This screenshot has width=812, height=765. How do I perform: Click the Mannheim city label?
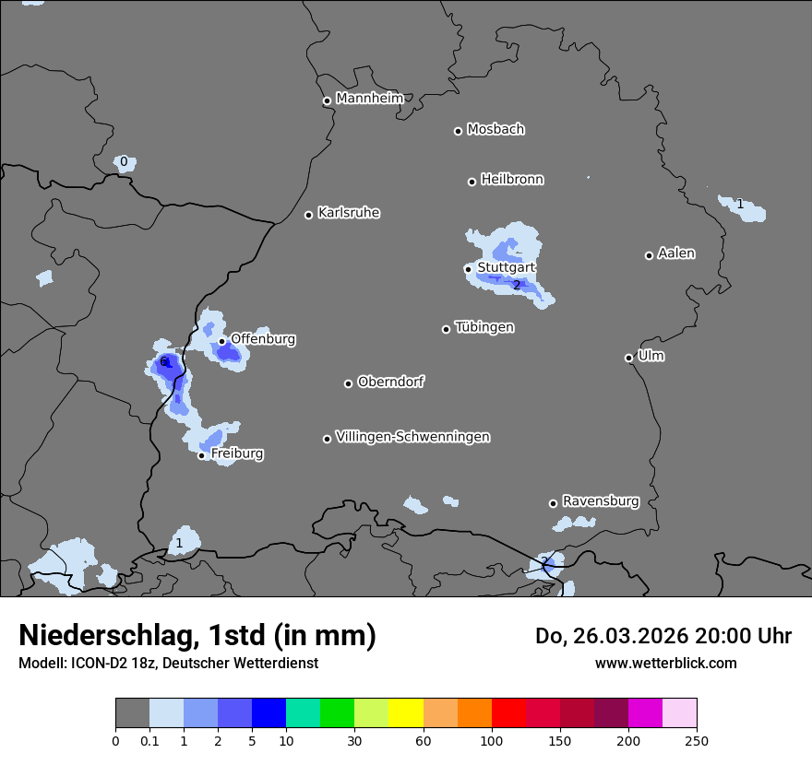(369, 99)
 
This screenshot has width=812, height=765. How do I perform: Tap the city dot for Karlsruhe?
(309, 215)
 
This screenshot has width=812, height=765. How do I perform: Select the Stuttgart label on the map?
(506, 268)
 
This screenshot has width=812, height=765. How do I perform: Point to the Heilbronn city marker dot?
(472, 182)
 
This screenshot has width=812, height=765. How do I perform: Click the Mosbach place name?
(496, 130)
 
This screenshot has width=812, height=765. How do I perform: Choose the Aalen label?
(676, 253)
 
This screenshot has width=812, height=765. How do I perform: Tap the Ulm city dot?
(628, 358)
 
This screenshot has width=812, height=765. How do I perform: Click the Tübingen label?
(484, 327)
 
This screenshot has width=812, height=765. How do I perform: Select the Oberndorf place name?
(390, 382)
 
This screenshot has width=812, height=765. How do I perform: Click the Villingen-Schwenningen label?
(412, 437)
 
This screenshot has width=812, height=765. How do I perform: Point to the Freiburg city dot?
(202, 455)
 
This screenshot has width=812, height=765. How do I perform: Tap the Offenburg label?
(263, 339)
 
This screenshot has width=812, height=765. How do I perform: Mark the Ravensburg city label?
(601, 501)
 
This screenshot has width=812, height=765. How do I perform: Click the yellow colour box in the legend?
(406, 713)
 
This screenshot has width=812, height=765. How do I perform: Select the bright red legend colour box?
(508, 713)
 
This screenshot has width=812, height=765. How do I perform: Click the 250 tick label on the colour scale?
(697, 740)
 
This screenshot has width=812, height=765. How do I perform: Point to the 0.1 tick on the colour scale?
(149, 740)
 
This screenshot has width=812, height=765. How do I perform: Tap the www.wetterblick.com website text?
(665, 663)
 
